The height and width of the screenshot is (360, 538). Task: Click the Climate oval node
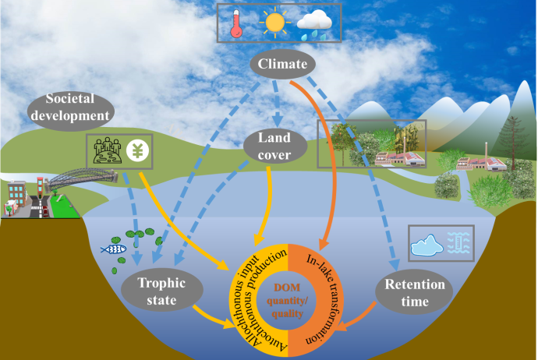pyautogui.click(x=278, y=64)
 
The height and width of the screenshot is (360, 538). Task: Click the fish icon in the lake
pyautogui.click(x=114, y=251)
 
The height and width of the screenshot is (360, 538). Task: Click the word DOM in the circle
pyautogui.click(x=289, y=288)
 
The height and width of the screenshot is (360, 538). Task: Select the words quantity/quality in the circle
pyautogui.click(x=289, y=305)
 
